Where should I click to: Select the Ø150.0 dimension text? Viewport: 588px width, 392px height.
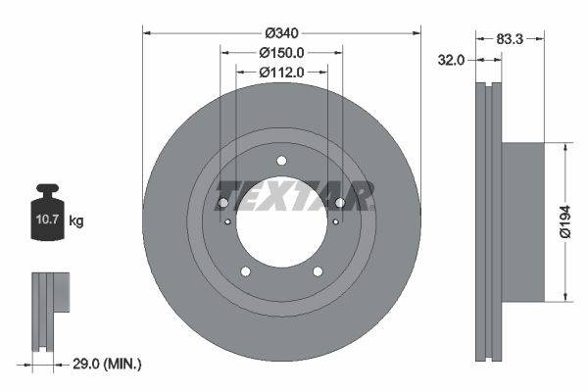coord(281,53)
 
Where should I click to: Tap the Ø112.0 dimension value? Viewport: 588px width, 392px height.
coord(281,72)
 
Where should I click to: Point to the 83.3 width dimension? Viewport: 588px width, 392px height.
coord(508,40)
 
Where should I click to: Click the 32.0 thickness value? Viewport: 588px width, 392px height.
coord(450,60)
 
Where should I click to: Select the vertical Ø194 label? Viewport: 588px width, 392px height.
coord(577,221)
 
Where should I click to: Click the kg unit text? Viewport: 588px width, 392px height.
coord(76,221)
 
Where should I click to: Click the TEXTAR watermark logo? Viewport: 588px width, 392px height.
coord(294,195)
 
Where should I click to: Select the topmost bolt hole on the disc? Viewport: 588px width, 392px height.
coord(281,161)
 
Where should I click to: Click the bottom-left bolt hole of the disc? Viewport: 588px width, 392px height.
coord(246,271)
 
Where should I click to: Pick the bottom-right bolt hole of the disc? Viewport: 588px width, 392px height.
coord(318,271)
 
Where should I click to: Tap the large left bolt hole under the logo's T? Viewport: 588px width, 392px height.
coord(222,203)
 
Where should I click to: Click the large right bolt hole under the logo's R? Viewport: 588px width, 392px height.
coord(340,203)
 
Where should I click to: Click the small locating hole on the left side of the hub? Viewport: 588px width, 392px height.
coord(227,221)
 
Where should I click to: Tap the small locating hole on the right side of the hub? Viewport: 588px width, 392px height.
coord(335,221)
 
